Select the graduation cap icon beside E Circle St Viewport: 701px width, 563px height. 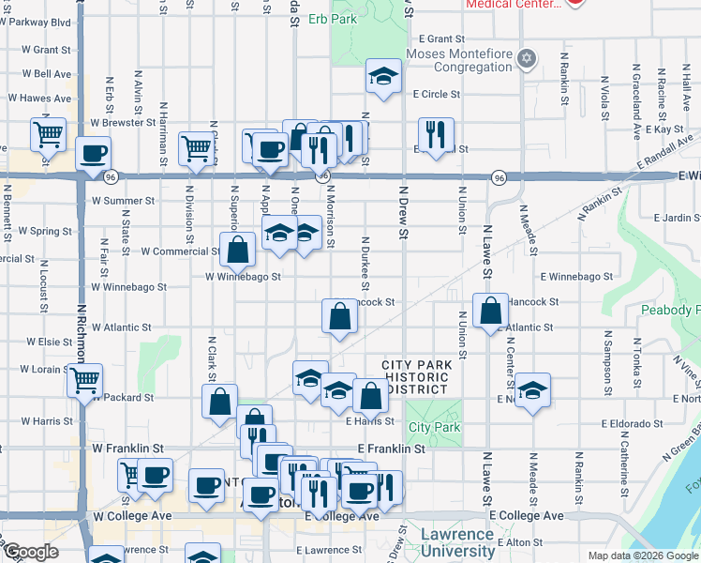tap(382, 77)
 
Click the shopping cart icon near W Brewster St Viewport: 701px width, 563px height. tap(48, 132)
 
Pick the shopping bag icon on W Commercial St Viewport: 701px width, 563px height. tap(238, 250)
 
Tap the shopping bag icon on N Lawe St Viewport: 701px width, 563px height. tap(490, 311)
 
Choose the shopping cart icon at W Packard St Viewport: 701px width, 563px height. tap(84, 380)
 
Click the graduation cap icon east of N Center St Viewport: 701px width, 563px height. tap(532, 389)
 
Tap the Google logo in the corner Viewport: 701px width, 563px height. tap(30, 552)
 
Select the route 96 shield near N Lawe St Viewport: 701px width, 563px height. tap(499, 177)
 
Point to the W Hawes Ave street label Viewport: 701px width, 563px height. tap(40, 98)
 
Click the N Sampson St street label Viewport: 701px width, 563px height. tap(606, 360)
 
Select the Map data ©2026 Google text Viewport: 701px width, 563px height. tap(642, 555)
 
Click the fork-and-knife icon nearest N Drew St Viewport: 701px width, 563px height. tap(436, 134)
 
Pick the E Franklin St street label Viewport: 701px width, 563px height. tap(391, 449)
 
